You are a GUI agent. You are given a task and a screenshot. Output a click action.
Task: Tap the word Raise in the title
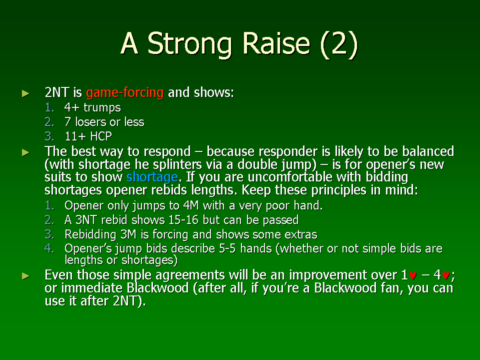point(276,43)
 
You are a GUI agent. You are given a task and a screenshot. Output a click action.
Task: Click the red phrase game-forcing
point(124,92)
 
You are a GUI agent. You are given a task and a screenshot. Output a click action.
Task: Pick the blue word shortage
point(152,177)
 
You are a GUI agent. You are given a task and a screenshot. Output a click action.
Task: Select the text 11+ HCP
point(88,136)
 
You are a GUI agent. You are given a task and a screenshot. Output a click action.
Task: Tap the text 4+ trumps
point(92,108)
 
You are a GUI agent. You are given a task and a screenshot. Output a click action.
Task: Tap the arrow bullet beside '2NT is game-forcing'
point(25,93)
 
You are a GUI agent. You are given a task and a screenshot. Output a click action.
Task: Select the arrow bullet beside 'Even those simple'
point(25,276)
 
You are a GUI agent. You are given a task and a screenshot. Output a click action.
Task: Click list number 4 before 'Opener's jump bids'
point(49,248)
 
